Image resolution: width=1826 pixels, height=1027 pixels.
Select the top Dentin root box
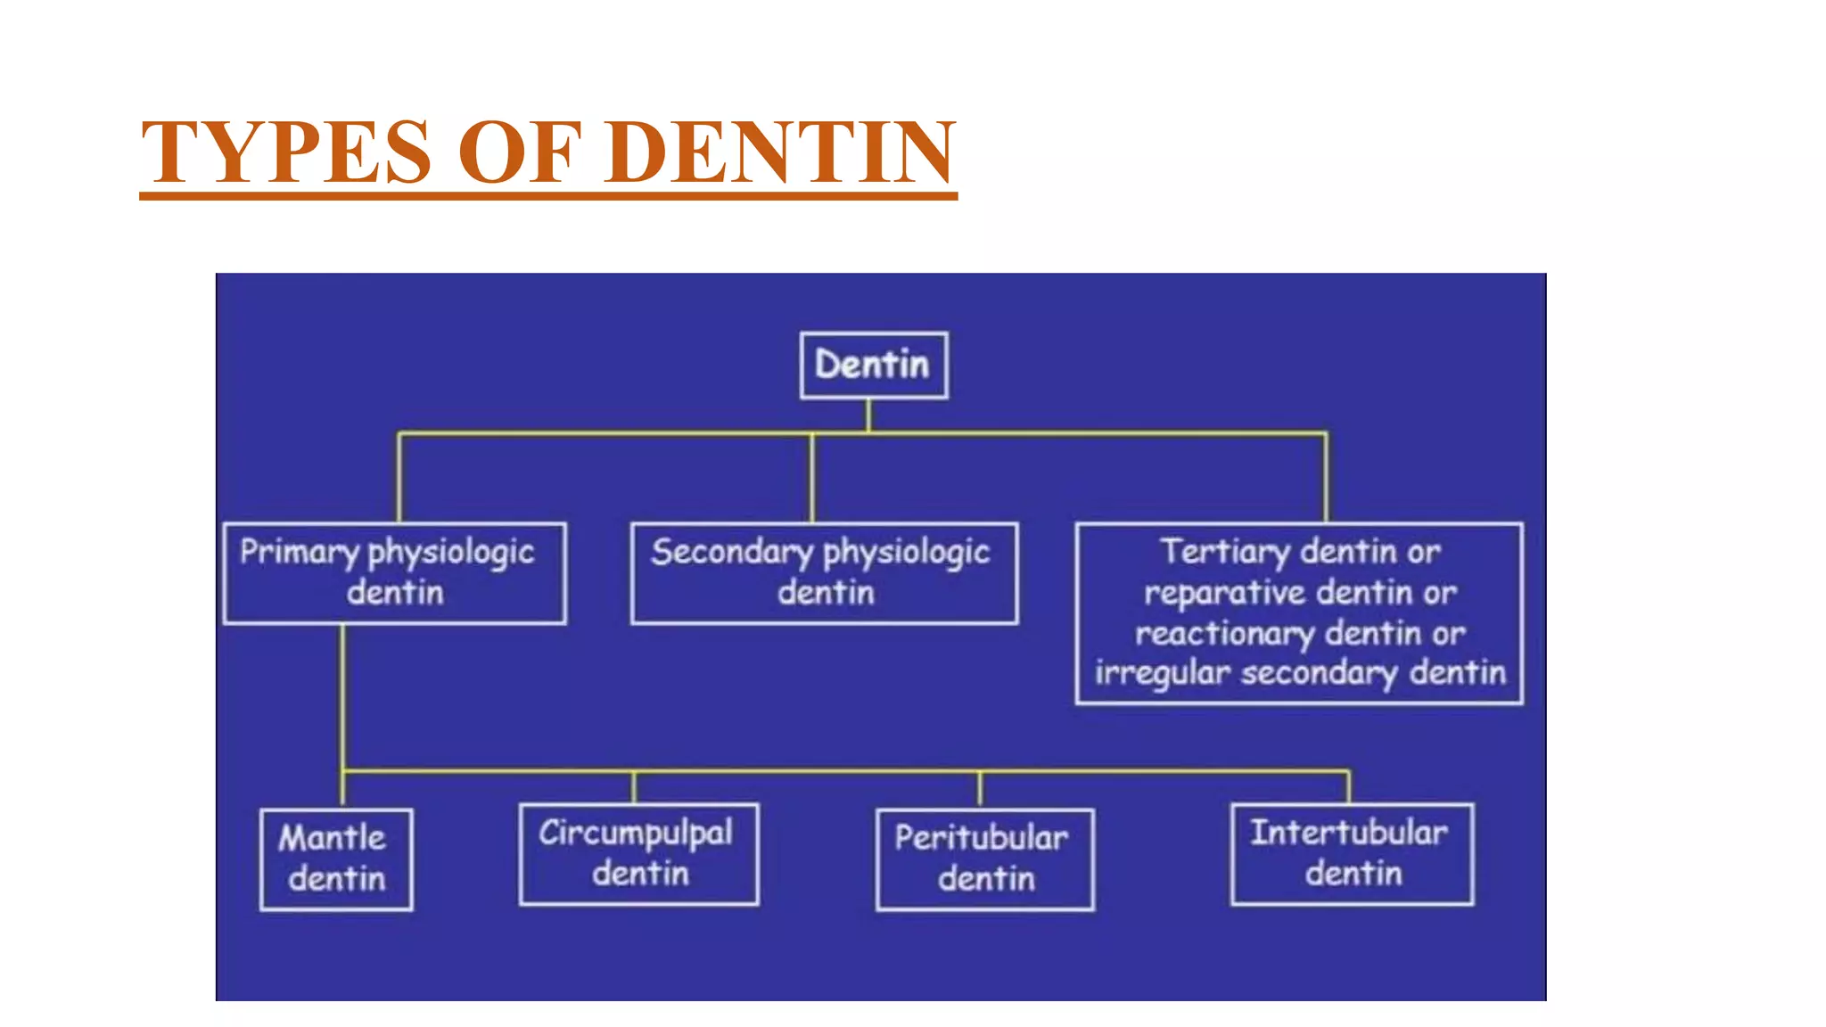coord(873,365)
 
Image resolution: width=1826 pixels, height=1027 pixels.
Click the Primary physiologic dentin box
coord(394,572)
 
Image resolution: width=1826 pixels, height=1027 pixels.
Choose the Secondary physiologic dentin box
coord(824,572)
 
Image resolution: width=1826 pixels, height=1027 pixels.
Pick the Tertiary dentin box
coord(1298,613)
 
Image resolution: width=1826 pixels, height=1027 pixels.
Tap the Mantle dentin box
coord(336,859)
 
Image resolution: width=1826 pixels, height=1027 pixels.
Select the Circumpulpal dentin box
coord(638,853)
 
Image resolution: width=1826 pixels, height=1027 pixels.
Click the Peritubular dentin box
coord(984,859)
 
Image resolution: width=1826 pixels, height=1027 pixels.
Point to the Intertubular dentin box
coord(1352,853)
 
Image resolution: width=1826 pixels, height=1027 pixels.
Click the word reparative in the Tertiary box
coord(1223,593)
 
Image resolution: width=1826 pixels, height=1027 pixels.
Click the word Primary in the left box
coord(299,552)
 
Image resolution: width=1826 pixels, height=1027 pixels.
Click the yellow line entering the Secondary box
coord(812,481)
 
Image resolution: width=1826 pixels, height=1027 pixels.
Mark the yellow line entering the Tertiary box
coord(1326,481)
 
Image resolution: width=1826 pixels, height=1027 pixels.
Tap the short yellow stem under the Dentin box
coord(868,415)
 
